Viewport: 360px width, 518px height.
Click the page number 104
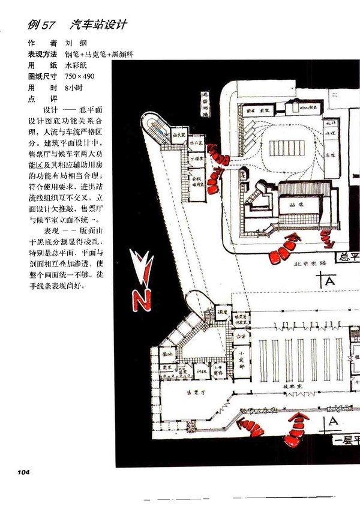click(x=20, y=472)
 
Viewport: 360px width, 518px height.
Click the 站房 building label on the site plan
click(x=295, y=204)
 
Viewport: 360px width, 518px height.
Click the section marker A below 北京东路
click(x=328, y=279)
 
